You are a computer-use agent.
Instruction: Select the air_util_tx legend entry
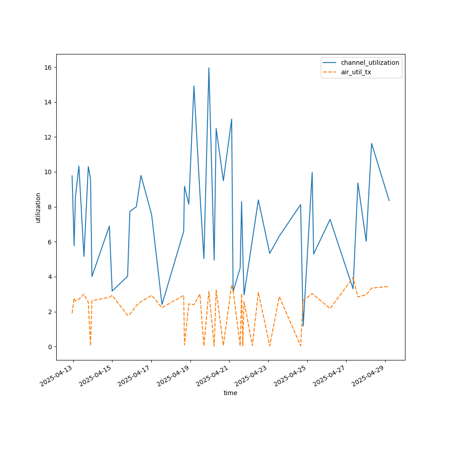tap(356, 72)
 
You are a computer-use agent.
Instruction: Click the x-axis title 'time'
tap(230, 393)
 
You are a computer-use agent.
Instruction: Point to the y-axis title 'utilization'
tap(38, 207)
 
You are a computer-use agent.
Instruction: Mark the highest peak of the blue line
tap(209, 68)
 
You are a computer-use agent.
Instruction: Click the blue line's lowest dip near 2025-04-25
tap(303, 326)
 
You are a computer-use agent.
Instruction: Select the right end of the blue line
tap(389, 201)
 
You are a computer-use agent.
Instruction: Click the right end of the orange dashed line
tap(388, 286)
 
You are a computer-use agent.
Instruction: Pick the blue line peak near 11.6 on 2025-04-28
tap(372, 144)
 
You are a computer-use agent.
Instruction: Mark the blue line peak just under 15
tap(194, 86)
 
